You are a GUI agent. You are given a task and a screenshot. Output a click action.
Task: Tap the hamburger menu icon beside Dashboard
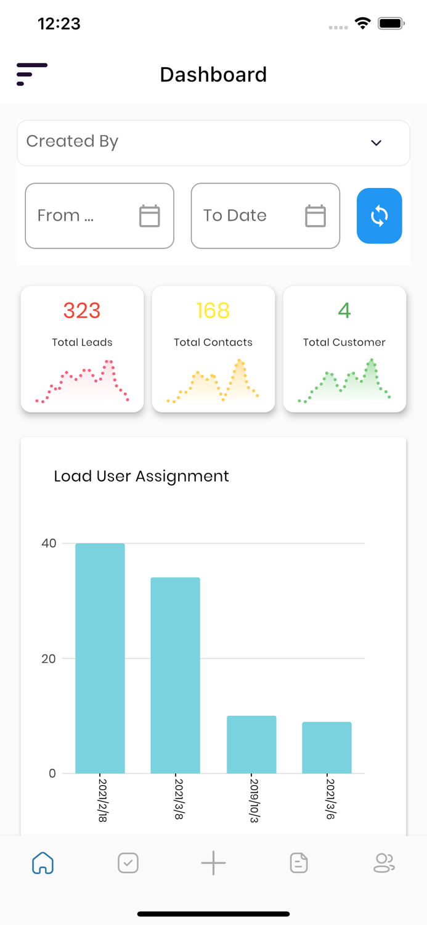click(31, 74)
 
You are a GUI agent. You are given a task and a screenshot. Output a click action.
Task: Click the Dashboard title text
click(213, 75)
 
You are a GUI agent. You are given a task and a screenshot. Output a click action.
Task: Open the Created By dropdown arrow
click(376, 143)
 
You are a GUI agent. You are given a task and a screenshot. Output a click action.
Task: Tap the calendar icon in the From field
click(149, 216)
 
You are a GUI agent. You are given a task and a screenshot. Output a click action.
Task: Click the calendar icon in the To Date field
click(315, 216)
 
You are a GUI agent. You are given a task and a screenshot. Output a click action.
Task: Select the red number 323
click(82, 311)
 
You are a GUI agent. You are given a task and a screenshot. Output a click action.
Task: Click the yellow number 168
click(213, 311)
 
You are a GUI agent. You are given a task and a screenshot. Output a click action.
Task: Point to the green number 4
click(344, 311)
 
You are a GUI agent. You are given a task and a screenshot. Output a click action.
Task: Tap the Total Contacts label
click(213, 342)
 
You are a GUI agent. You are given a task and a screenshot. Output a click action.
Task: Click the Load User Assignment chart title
click(141, 476)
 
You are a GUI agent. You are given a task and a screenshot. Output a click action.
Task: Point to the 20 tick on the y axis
click(49, 659)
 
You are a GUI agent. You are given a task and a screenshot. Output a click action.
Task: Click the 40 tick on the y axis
click(49, 543)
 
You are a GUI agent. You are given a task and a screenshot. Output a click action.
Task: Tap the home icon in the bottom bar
click(43, 863)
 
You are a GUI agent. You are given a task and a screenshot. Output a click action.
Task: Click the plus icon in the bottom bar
click(213, 863)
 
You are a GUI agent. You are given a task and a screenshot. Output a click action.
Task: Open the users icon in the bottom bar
click(384, 863)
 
